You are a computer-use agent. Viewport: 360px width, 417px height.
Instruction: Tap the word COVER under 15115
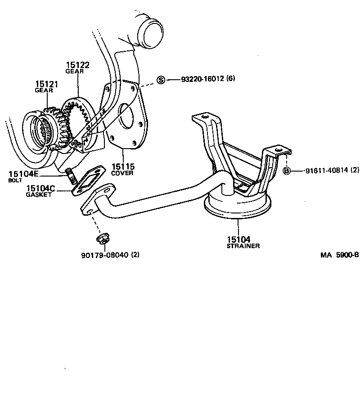point(122,173)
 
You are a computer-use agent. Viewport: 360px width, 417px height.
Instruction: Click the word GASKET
point(39,195)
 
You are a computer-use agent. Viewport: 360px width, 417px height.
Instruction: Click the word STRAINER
point(243,246)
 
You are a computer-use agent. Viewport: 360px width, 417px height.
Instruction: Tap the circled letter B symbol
point(286,171)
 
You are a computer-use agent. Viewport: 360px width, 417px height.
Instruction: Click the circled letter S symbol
point(161,80)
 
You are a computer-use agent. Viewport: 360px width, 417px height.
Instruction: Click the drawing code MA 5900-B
point(339,255)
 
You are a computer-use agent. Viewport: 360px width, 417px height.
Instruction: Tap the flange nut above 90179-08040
point(102,239)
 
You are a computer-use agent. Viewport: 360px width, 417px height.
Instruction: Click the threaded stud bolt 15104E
point(71,175)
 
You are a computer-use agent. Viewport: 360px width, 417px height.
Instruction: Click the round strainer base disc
point(237,206)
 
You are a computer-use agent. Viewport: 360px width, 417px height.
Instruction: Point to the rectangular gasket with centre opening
point(90,181)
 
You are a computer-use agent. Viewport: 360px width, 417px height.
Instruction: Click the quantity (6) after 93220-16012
point(231,79)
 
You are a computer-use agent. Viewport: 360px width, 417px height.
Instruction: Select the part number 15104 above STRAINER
point(238,239)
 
